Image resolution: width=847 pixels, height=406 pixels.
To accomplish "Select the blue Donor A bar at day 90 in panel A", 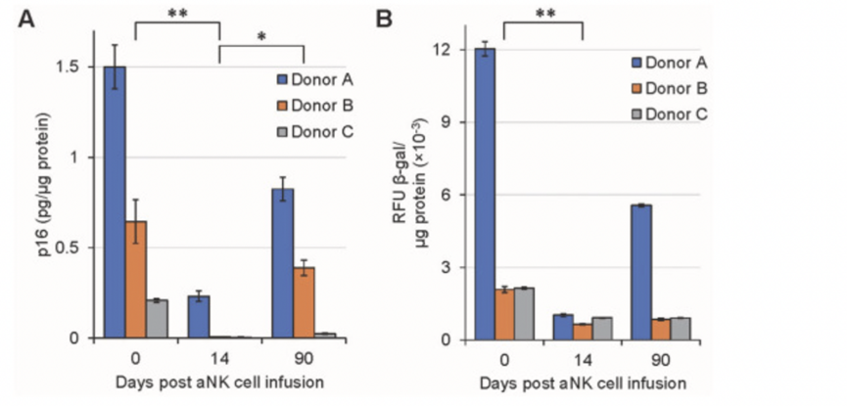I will (x=283, y=263).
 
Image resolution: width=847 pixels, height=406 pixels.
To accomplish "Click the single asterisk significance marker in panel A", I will (x=261, y=37).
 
